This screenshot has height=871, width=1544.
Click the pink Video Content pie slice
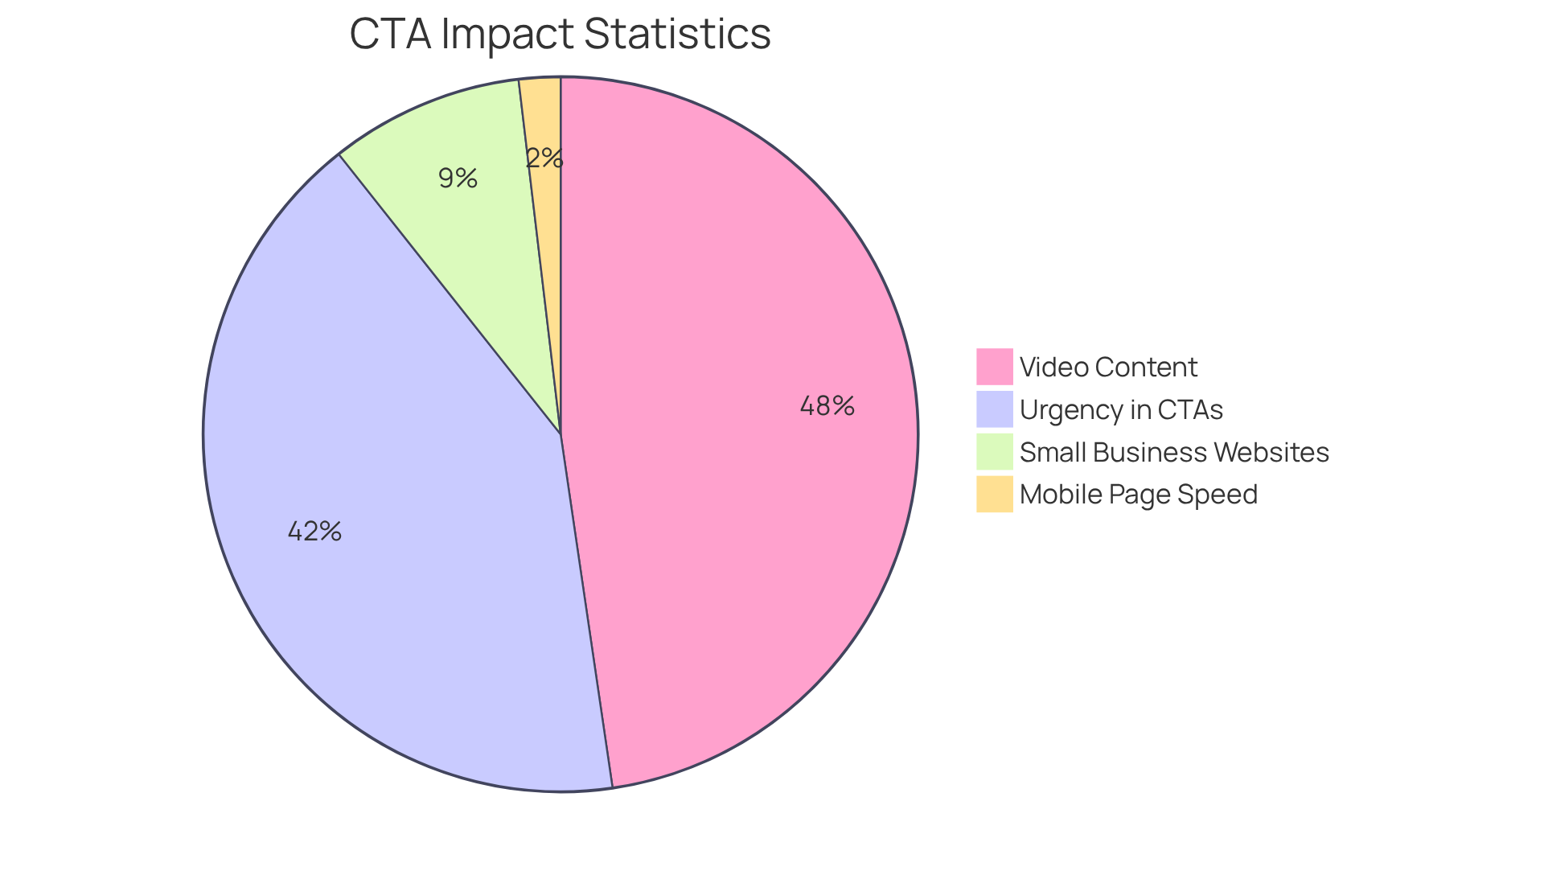point(724,483)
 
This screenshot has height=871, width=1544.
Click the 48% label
point(827,406)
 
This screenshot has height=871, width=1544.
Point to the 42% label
point(314,532)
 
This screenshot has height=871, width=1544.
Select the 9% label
point(458,179)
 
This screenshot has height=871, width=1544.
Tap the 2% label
point(544,158)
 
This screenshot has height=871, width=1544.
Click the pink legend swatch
point(994,367)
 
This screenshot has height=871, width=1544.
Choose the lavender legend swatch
point(994,409)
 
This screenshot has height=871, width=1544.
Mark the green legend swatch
point(994,452)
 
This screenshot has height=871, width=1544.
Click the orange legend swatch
point(994,494)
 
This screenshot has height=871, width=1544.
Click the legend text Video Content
point(1108,368)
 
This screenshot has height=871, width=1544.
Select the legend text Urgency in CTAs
point(1121,410)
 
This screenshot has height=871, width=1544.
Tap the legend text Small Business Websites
point(1174,453)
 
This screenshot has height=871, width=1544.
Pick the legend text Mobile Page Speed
point(1138,495)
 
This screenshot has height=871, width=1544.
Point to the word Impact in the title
point(508,35)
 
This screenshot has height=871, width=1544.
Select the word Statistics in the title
point(677,35)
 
